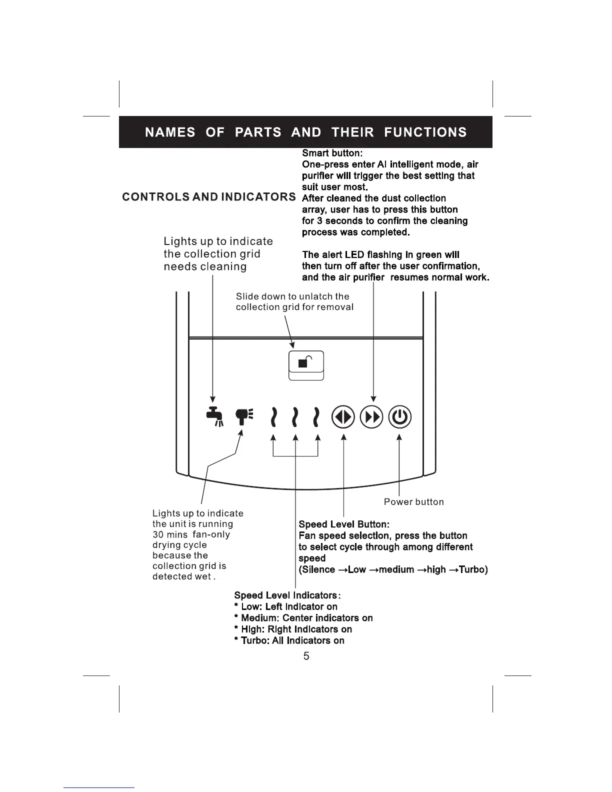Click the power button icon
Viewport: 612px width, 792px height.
[x=399, y=417]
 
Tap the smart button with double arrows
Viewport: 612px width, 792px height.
[x=372, y=417]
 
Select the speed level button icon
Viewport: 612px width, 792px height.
[x=343, y=417]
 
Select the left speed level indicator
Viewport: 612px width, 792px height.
[x=273, y=417]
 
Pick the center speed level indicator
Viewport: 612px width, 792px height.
[x=296, y=417]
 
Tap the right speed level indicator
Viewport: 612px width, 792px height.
[x=316, y=417]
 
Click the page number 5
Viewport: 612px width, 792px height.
[x=306, y=656]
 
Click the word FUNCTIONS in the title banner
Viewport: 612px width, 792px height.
[x=425, y=132]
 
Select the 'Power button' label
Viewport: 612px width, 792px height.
[x=413, y=501]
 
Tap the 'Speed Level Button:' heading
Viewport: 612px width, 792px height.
[x=343, y=524]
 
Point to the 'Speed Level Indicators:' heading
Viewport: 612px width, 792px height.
[x=287, y=595]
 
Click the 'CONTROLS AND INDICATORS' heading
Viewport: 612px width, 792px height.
[x=209, y=196]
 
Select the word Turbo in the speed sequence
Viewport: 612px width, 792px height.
[x=471, y=569]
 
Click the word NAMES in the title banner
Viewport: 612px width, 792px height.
[x=170, y=132]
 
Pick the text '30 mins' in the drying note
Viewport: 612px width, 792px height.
[x=170, y=534]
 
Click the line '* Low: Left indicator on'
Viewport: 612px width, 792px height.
[x=285, y=606]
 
